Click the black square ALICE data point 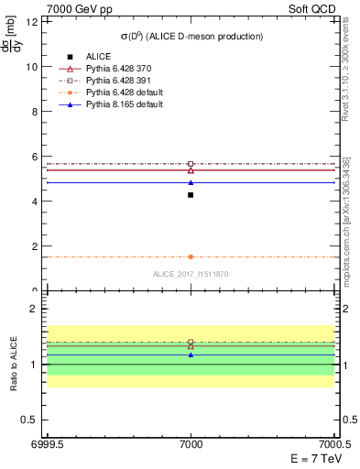pos(191,195)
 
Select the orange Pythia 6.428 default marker pos(191,256)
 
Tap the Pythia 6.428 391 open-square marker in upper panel pos(191,164)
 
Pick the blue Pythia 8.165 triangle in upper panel pos(191,182)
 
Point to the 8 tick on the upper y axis pos(37,112)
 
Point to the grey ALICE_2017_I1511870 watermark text pos(191,274)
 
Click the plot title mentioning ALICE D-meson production pos(191,36)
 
